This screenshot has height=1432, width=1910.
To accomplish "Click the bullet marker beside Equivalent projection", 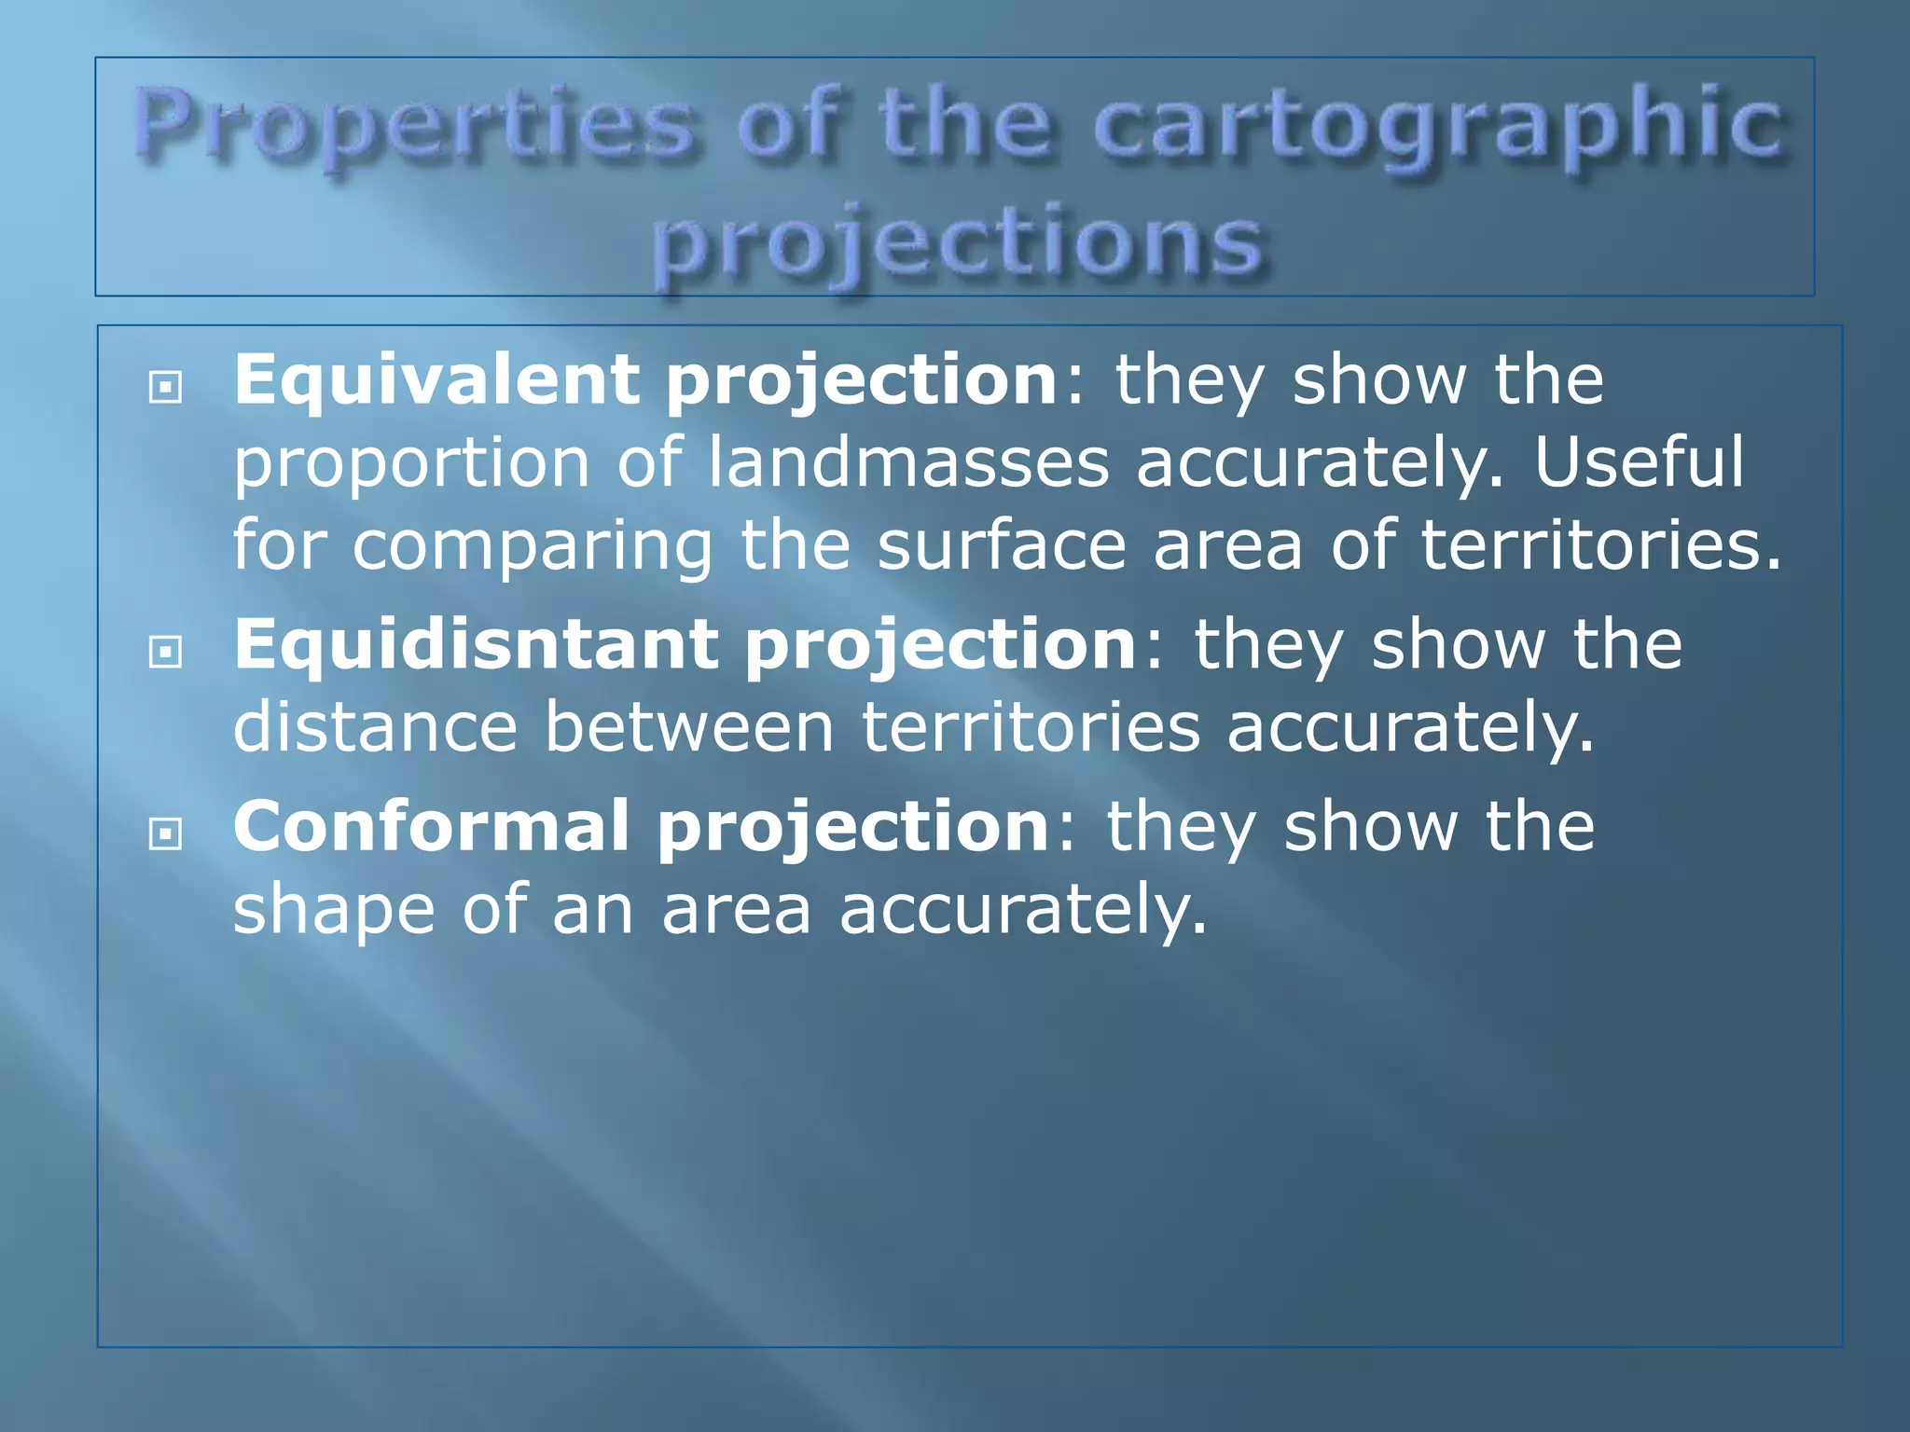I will [165, 386].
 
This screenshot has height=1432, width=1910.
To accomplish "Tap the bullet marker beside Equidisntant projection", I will [165, 651].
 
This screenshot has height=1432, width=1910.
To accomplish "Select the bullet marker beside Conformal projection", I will [165, 833].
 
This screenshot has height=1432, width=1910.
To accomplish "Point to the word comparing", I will [533, 545].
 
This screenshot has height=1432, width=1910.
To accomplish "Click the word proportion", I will [411, 463].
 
